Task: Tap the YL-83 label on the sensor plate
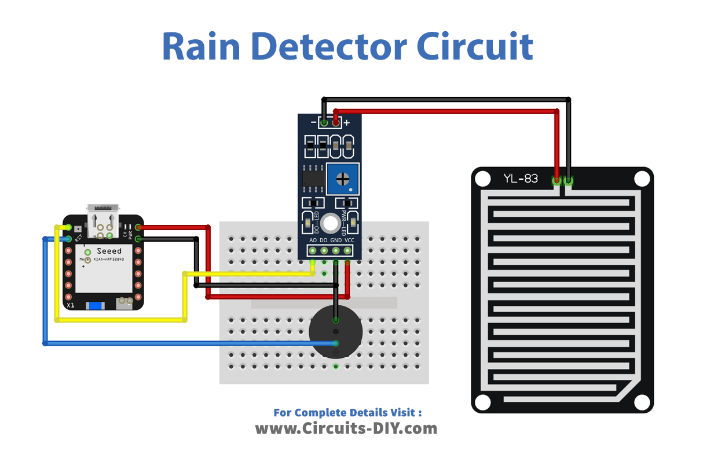coord(521,179)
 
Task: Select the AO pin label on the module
coord(313,240)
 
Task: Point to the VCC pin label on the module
coord(349,240)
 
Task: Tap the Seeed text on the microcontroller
coord(109,251)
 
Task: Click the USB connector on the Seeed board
coord(103,219)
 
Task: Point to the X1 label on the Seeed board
coord(70,304)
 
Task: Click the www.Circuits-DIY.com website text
coord(346,428)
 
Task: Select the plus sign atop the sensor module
coord(347,123)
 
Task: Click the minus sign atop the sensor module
coord(313,123)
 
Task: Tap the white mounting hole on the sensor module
coord(330,223)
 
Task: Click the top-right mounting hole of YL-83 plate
coord(641,179)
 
